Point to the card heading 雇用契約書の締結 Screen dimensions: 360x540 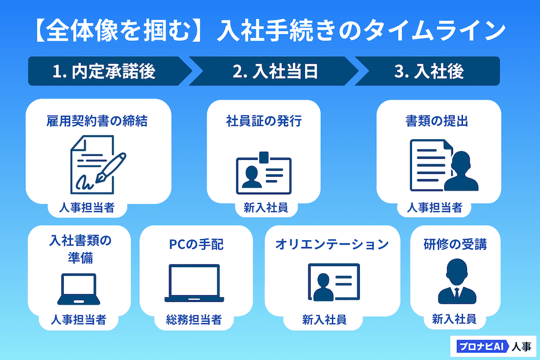97,121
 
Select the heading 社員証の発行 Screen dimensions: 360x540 264,121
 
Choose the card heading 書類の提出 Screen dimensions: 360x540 437,121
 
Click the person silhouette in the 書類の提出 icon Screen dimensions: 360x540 461,172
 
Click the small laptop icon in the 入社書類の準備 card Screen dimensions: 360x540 79,289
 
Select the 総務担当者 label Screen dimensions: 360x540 194,320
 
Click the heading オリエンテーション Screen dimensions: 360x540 332,244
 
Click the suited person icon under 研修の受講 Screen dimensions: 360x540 455,281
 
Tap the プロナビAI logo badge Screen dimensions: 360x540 481,347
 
